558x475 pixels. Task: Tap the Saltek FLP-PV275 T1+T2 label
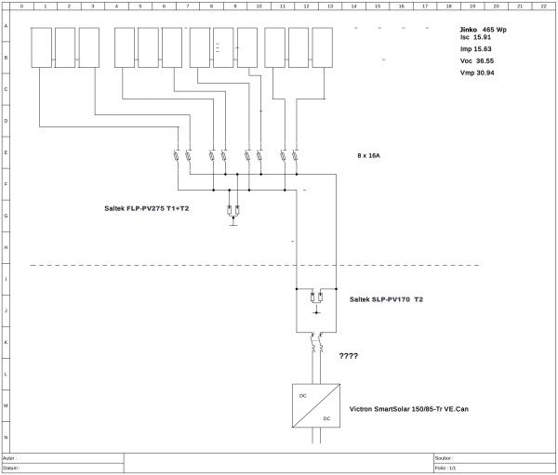click(x=146, y=209)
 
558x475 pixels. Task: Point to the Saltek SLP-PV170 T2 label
click(x=389, y=299)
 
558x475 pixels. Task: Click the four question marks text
click(x=349, y=356)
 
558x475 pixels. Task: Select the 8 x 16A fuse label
click(x=369, y=155)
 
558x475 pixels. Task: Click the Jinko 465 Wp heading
click(x=483, y=31)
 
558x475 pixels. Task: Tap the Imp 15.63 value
click(x=476, y=48)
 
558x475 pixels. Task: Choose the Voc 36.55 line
click(x=476, y=60)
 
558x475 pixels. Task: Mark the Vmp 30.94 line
click(x=476, y=72)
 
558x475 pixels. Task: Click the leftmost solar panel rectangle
click(x=42, y=47)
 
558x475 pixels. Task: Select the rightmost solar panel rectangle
click(x=322, y=47)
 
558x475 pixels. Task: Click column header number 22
click(x=544, y=7)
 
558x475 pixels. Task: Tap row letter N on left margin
click(x=7, y=436)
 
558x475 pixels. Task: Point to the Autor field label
click(x=10, y=458)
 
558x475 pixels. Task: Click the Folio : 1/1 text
click(x=445, y=468)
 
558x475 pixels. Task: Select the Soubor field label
click(x=445, y=458)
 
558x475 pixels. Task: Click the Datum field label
click(x=11, y=468)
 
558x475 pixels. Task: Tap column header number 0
click(x=21, y=7)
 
